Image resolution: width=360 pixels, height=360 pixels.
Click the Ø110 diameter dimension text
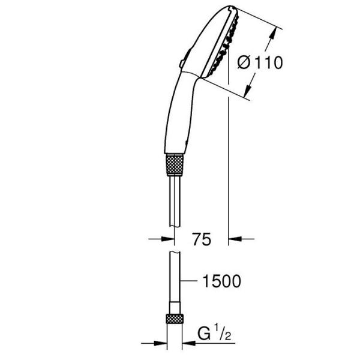(259, 62)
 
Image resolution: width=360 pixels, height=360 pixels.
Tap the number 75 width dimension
(202, 240)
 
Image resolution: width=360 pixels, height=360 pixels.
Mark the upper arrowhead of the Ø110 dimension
(279, 30)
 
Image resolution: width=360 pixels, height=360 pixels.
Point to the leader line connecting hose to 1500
(191, 280)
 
